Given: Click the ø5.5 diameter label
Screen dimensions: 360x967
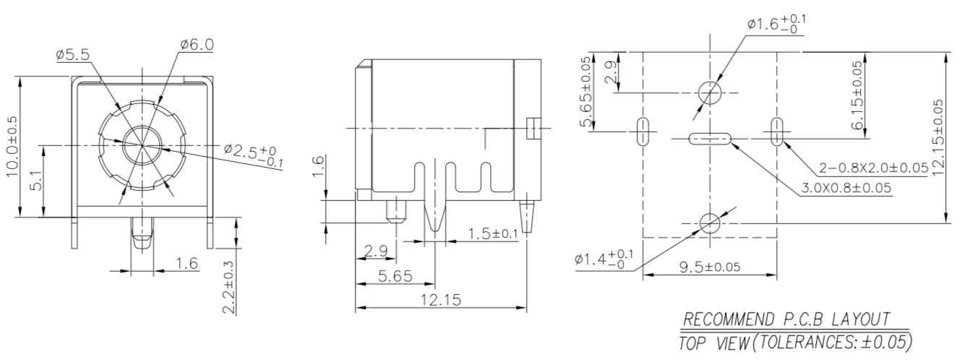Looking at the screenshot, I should click(x=73, y=56).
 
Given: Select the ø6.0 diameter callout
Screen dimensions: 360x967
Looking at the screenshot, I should click(x=197, y=44).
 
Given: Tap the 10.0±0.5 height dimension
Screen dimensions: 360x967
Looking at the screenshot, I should click(x=14, y=145).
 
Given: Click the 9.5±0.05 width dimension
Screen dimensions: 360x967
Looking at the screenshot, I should click(x=709, y=266).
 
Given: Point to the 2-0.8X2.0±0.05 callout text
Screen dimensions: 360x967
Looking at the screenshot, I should click(x=873, y=168).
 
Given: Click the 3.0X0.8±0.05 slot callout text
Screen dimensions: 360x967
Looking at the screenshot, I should click(x=846, y=188).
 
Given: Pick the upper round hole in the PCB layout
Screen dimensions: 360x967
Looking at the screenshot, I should click(x=710, y=92).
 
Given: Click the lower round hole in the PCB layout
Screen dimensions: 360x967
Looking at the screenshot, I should click(x=710, y=223).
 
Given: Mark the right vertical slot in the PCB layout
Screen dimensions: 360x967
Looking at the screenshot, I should click(x=777, y=131).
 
